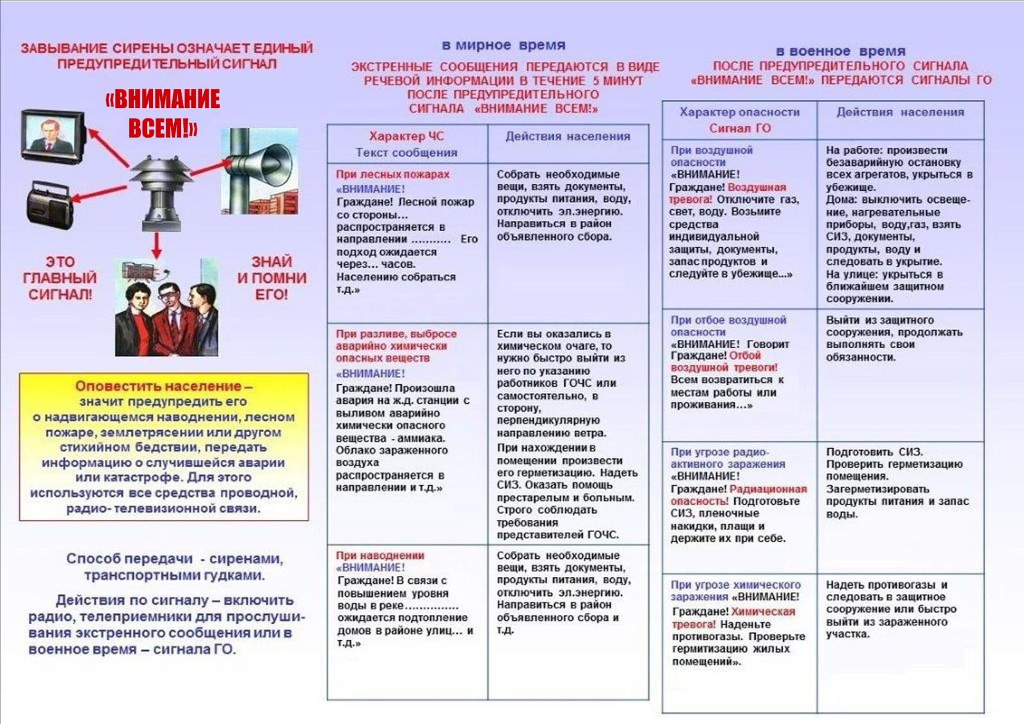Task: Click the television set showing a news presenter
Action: pos(53,134)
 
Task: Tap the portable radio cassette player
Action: pos(50,204)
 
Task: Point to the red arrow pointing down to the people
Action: pos(157,245)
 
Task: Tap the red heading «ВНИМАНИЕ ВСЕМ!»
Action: pos(163,113)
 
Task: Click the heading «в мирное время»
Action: pos(504,45)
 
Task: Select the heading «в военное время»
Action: pos(840,51)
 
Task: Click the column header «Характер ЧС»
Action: pos(406,136)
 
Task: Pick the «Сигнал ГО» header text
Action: pos(739,128)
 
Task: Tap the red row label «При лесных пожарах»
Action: pos(392,174)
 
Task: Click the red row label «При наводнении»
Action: pos(380,555)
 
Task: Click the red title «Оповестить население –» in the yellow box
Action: pos(163,386)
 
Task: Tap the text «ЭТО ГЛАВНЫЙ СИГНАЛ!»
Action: pos(60,278)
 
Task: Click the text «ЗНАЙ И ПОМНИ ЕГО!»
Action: pos(271,278)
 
